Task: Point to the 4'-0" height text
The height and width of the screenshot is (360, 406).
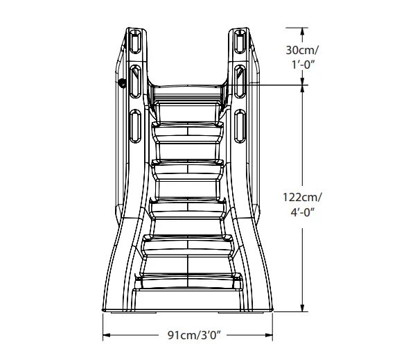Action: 303,212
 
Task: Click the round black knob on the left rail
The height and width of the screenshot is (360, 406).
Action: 123,84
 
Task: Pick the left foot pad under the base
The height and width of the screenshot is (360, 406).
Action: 123,311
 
